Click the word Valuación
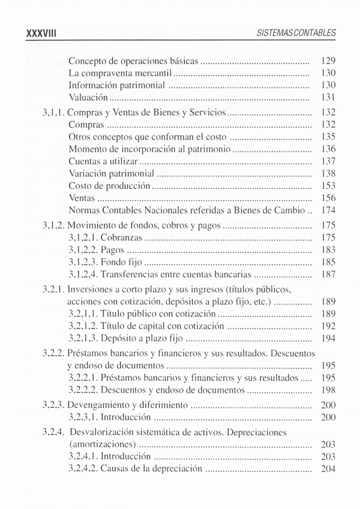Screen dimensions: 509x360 coord(88,97)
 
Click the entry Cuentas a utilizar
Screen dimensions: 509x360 coord(103,161)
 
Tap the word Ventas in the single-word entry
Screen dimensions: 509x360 coord(82,198)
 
